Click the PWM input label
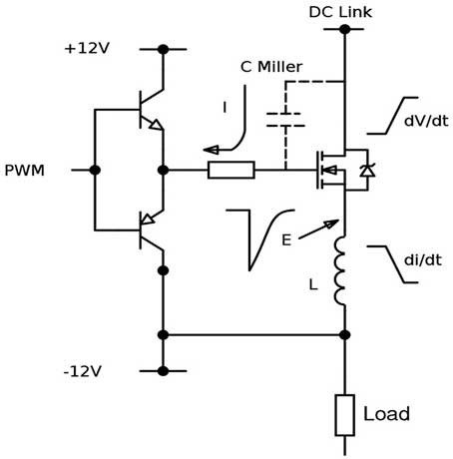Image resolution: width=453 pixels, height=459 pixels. (24, 171)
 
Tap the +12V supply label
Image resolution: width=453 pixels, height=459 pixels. (87, 49)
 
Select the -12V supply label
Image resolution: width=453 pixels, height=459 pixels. (82, 371)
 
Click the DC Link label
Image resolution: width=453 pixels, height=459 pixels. (340, 12)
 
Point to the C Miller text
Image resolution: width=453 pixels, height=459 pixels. (271, 67)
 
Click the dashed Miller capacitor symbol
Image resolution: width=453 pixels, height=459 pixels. (285, 120)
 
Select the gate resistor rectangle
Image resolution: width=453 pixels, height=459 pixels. (231, 170)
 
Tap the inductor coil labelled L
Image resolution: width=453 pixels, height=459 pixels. (340, 270)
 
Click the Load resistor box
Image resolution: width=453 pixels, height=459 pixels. (344, 415)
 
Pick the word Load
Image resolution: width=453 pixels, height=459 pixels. (386, 414)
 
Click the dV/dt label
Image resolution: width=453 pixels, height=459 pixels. (426, 121)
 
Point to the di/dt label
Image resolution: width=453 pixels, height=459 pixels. (423, 259)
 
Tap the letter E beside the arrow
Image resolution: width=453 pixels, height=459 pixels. (286, 239)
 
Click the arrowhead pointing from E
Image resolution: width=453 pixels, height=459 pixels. (331, 224)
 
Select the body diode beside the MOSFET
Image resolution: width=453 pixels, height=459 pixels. (367, 171)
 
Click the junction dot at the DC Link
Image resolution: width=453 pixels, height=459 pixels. (345, 29)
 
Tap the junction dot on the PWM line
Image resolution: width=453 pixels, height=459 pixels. (95, 170)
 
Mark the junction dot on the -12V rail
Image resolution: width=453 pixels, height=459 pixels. (163, 371)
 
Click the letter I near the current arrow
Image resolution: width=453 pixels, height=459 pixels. (225, 108)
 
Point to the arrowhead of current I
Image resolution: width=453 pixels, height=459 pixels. (211, 150)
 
